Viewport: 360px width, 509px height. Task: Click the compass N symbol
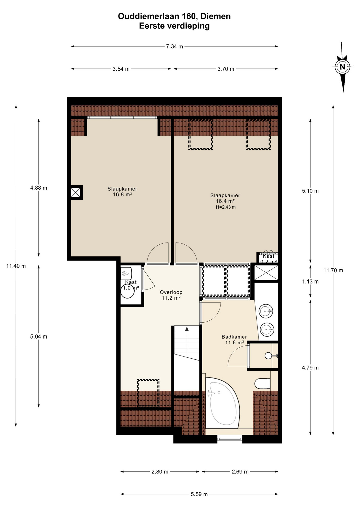[342, 67]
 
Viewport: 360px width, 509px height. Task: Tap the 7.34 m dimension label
[174, 46]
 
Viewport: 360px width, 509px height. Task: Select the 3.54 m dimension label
[121, 69]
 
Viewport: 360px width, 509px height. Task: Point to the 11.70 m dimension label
[333, 270]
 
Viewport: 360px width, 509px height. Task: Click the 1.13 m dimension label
[310, 282]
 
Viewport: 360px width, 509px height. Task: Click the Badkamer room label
[234, 337]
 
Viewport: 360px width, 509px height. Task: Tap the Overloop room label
[171, 292]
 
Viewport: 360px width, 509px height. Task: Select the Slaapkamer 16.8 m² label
[122, 191]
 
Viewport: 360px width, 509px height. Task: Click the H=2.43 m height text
[226, 207]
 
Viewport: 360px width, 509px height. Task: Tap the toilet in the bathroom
[262, 383]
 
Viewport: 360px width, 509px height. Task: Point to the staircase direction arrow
[187, 329]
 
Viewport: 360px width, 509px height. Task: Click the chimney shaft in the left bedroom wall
[76, 192]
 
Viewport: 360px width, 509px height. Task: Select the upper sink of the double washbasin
[266, 311]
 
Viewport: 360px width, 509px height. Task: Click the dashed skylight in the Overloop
[148, 393]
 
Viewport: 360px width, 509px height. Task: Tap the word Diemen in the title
[215, 16]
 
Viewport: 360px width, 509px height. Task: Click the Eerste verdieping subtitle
[174, 26]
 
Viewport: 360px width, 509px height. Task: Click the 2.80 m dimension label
[160, 472]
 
